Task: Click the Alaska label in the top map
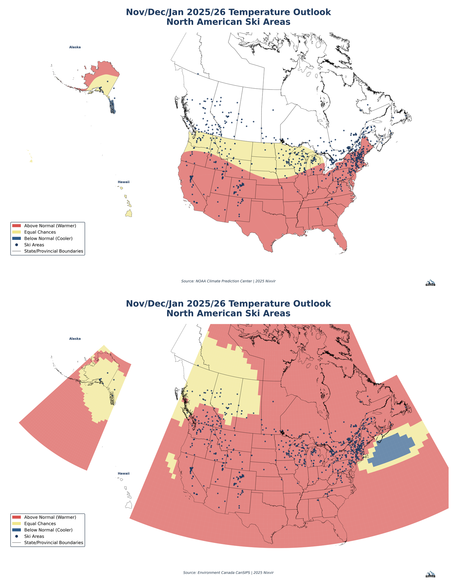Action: click(x=75, y=47)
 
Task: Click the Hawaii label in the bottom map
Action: click(x=123, y=473)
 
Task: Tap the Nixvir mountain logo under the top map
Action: click(x=430, y=283)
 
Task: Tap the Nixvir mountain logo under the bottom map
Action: click(x=430, y=574)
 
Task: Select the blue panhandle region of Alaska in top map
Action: click(x=113, y=107)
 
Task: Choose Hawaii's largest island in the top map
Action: click(x=129, y=213)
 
